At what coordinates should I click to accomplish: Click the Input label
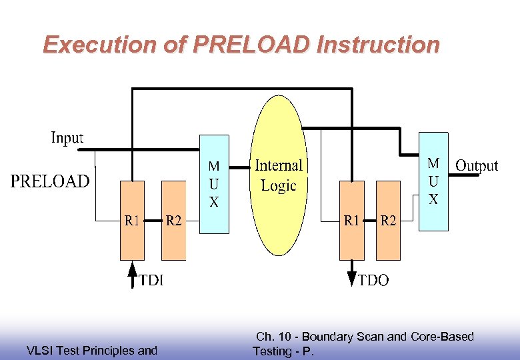tap(67, 138)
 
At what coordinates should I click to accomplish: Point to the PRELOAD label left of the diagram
tap(49, 181)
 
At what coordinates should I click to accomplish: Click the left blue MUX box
tap(214, 184)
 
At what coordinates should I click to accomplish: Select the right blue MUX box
tap(433, 181)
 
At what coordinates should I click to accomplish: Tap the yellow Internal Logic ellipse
tap(279, 175)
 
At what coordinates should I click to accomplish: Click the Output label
tap(476, 165)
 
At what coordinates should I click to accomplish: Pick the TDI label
tap(151, 281)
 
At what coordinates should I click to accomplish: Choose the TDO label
tap(373, 281)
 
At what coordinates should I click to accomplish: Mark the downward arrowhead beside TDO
tap(352, 279)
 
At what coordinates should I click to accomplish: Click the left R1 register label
tap(132, 220)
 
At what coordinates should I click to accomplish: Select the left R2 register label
tap(173, 220)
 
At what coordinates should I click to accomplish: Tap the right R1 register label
tap(352, 220)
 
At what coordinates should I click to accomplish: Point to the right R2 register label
tap(388, 220)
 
